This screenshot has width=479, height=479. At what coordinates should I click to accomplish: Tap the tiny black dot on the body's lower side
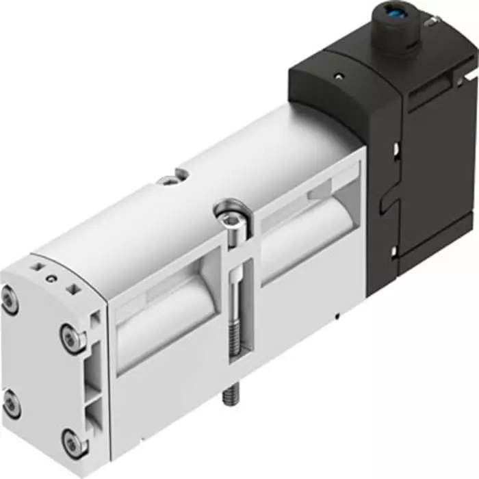(x=338, y=317)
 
